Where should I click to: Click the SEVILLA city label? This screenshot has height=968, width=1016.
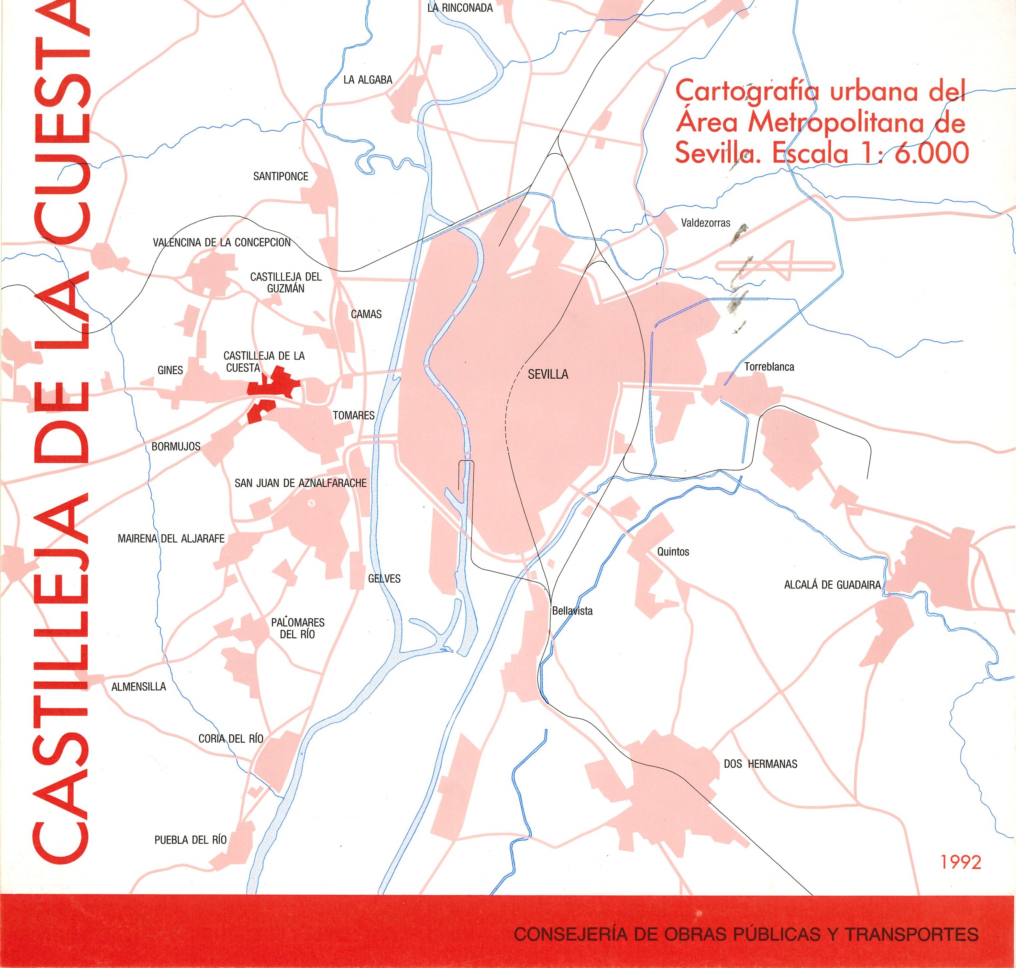548,375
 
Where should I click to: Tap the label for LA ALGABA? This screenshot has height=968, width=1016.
368,80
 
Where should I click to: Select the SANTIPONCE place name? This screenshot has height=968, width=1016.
281,176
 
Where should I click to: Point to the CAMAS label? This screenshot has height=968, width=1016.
366,314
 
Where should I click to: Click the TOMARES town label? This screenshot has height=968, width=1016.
353,415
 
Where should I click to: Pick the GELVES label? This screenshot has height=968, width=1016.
384,578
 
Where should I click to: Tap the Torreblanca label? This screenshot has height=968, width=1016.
769,368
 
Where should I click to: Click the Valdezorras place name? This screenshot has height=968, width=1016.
705,223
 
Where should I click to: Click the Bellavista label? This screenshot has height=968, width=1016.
572,611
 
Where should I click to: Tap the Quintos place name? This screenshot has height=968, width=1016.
673,552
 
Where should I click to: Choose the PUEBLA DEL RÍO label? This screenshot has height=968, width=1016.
190,840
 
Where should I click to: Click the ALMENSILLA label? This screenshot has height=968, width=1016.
139,687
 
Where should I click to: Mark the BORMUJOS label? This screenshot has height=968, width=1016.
176,446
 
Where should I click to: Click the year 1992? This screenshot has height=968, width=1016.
960,862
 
